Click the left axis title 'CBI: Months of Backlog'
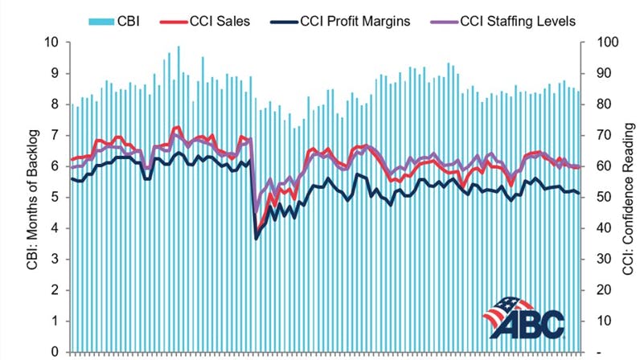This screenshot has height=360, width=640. [x=17, y=197]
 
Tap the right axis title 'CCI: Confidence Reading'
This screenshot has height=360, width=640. [x=628, y=197]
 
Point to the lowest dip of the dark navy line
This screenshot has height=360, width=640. [x=256, y=239]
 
